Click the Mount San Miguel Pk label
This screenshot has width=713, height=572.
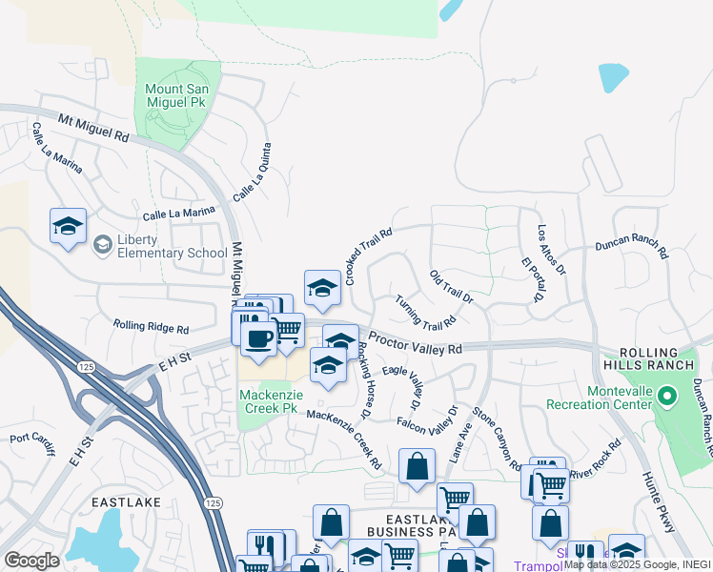177,95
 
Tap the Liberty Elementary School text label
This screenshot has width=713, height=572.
172,246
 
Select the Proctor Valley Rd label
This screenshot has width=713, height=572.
415,344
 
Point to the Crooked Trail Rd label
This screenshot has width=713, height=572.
369,256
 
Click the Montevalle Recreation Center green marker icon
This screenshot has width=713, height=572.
668,394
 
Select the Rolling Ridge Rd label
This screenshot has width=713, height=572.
151,327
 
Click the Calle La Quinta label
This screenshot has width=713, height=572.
253,172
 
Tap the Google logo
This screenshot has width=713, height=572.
32,560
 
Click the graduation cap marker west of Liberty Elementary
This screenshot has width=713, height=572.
68,226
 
